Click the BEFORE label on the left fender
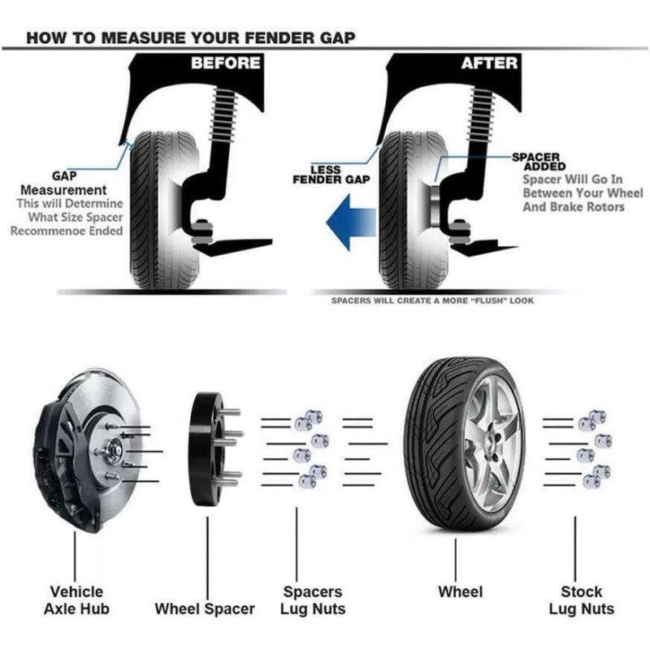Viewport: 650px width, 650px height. (x=226, y=63)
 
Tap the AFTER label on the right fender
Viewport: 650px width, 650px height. (x=490, y=63)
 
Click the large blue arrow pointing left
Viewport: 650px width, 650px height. (x=351, y=223)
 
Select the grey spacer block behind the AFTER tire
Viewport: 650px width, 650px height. (x=435, y=206)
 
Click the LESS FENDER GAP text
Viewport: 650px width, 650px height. (x=331, y=175)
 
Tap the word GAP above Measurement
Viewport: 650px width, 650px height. (x=64, y=175)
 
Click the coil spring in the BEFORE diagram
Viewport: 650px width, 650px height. (x=223, y=115)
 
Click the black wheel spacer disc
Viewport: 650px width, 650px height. (x=206, y=449)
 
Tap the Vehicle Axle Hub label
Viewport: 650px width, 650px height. (x=76, y=600)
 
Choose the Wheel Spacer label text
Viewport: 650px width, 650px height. (x=205, y=609)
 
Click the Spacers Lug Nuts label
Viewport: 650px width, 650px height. (x=313, y=600)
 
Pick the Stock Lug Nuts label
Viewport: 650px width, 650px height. (x=581, y=600)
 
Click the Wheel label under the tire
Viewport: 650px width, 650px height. (x=460, y=591)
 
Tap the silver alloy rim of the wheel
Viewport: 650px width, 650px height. (x=492, y=447)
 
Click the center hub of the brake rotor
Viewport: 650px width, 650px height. (x=114, y=450)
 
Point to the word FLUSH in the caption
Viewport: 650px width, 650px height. (x=490, y=301)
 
